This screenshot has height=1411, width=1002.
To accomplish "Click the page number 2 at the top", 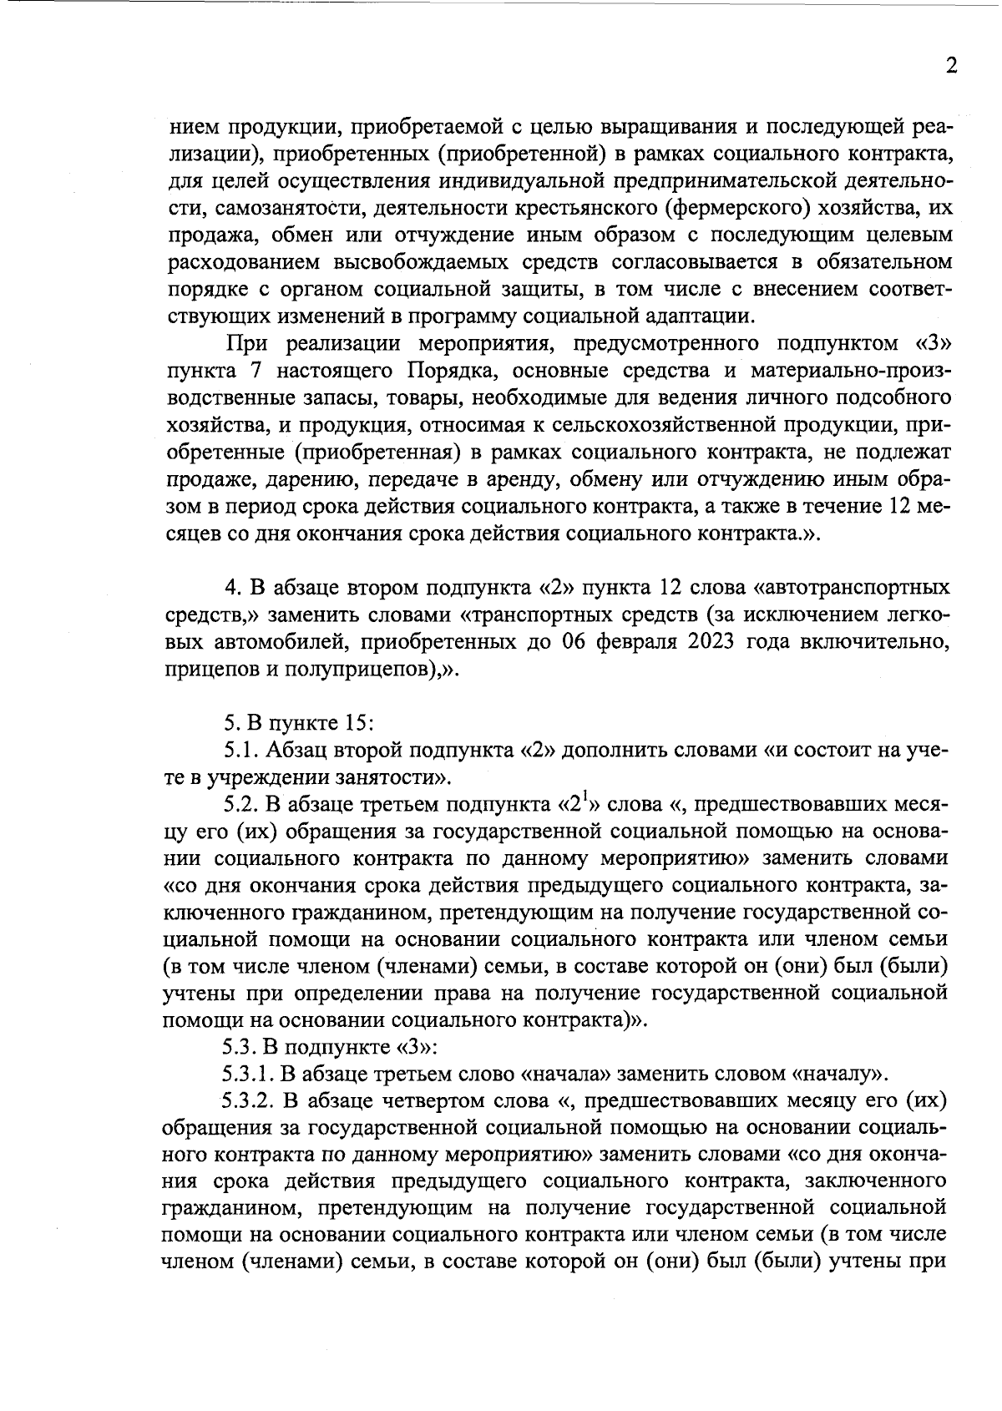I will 951,67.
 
